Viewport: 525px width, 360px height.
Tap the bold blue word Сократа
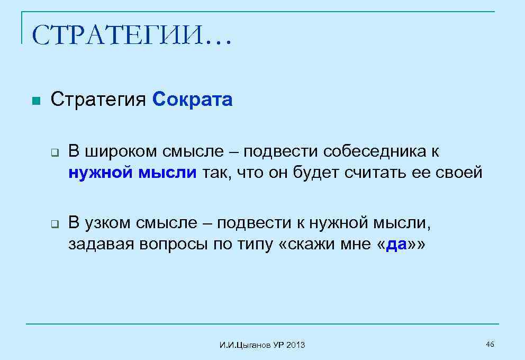192,100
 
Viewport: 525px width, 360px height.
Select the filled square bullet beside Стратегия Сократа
35,101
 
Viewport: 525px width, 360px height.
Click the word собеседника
372,152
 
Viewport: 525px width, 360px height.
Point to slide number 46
490,345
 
